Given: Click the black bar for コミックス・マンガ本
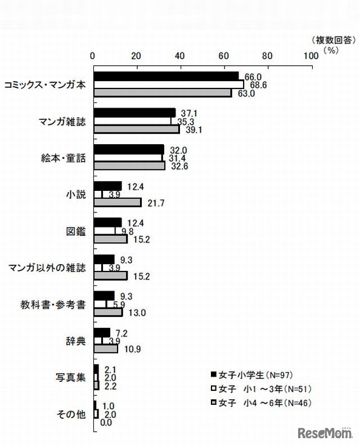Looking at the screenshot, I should coord(166,75).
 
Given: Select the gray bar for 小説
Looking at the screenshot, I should coord(117,202).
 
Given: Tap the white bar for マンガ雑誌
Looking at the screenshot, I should coord(132,121).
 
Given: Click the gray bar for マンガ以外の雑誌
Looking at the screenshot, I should coord(110,275).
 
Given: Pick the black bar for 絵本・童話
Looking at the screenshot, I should coord(128,149).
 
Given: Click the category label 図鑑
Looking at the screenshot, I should coord(76,231).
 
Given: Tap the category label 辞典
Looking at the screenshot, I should coord(76,341).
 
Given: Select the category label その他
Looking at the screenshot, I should coord(71,414).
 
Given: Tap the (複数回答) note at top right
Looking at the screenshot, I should coord(332,40).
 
